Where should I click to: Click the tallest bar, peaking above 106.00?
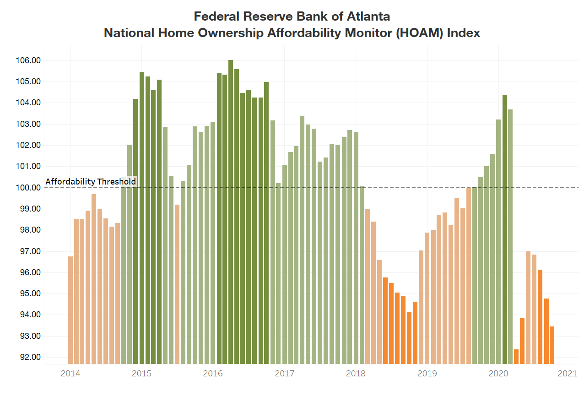coord(231,211)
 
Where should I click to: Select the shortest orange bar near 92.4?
coord(516,356)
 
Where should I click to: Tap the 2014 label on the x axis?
coord(70,374)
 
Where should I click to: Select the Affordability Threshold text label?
coord(91,182)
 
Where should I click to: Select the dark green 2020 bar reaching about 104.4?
coord(505,229)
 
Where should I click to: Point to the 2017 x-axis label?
coord(284,374)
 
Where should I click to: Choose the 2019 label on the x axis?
coord(427,374)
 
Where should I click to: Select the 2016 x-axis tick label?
coord(213,374)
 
